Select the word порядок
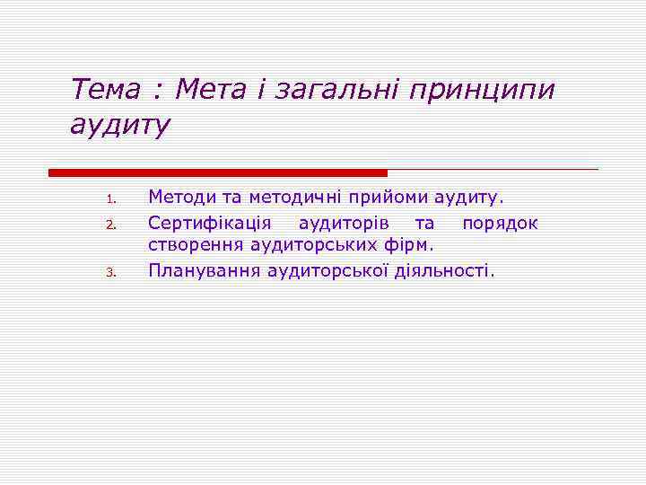[x=500, y=222]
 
